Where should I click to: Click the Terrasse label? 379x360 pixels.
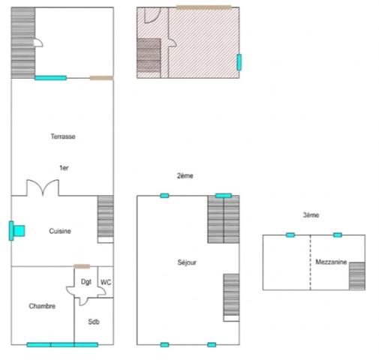click(x=63, y=136)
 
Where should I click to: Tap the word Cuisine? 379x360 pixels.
click(x=60, y=231)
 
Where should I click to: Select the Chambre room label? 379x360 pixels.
click(x=42, y=306)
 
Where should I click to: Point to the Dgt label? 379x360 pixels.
click(x=86, y=282)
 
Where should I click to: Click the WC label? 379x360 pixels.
click(x=106, y=282)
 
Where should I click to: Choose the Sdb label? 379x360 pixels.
click(x=94, y=322)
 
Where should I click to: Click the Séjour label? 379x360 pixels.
click(x=187, y=262)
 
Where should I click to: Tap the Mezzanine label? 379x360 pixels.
click(x=330, y=262)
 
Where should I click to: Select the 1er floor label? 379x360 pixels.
click(x=65, y=167)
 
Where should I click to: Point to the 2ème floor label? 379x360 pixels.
click(x=185, y=175)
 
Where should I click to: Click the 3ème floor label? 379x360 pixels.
click(x=311, y=215)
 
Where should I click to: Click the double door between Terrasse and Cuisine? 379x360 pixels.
click(x=43, y=187)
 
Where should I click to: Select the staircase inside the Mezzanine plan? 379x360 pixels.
click(x=356, y=275)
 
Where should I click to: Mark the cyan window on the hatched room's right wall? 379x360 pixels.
click(x=239, y=61)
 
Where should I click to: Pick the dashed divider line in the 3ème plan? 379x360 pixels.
click(x=310, y=262)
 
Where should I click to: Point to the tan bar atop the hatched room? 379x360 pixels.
click(x=203, y=7)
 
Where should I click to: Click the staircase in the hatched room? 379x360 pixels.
click(x=149, y=57)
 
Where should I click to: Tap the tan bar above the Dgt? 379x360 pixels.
click(x=83, y=266)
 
